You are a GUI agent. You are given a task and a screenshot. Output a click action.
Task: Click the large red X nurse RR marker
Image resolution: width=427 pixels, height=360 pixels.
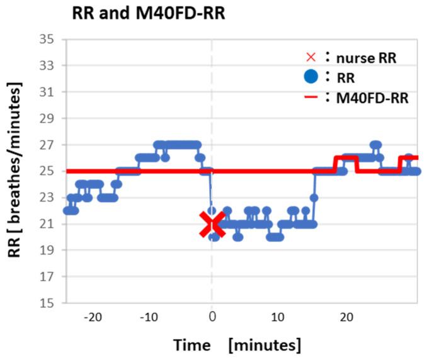(212, 224)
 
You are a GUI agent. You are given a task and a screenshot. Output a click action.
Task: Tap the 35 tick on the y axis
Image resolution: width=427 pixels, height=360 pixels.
(46, 39)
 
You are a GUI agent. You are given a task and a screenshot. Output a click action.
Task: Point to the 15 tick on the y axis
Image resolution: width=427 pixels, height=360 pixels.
(46, 303)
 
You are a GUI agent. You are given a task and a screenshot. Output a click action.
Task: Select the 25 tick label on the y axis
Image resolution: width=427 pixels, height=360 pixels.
(46, 171)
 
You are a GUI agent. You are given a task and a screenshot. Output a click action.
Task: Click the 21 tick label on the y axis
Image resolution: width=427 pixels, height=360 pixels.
(46, 224)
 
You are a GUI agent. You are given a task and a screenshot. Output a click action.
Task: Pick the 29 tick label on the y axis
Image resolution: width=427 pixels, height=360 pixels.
(46, 118)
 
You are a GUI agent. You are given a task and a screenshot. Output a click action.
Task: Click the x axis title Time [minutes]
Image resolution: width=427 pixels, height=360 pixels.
(237, 345)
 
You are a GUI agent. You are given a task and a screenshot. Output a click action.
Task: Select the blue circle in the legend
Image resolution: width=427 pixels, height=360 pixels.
(310, 77)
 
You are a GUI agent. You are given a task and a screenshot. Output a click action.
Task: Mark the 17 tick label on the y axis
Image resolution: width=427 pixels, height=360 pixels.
(46, 277)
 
